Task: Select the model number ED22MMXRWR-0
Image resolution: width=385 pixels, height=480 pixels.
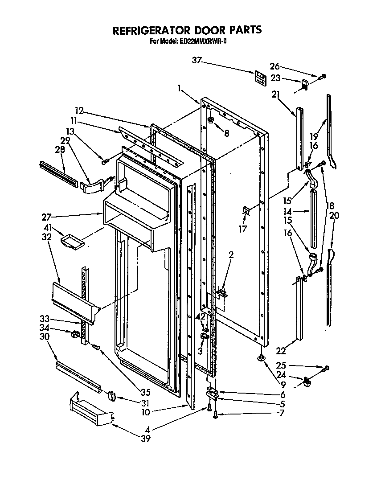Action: tap(202, 41)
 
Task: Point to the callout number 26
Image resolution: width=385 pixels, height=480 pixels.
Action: tap(275, 66)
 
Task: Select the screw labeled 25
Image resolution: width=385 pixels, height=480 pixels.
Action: tap(326, 368)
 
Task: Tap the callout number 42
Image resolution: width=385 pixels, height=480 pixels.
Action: tap(201, 316)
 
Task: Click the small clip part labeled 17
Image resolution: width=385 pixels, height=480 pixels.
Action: tap(246, 211)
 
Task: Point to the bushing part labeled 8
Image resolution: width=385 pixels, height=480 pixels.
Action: tap(211, 120)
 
